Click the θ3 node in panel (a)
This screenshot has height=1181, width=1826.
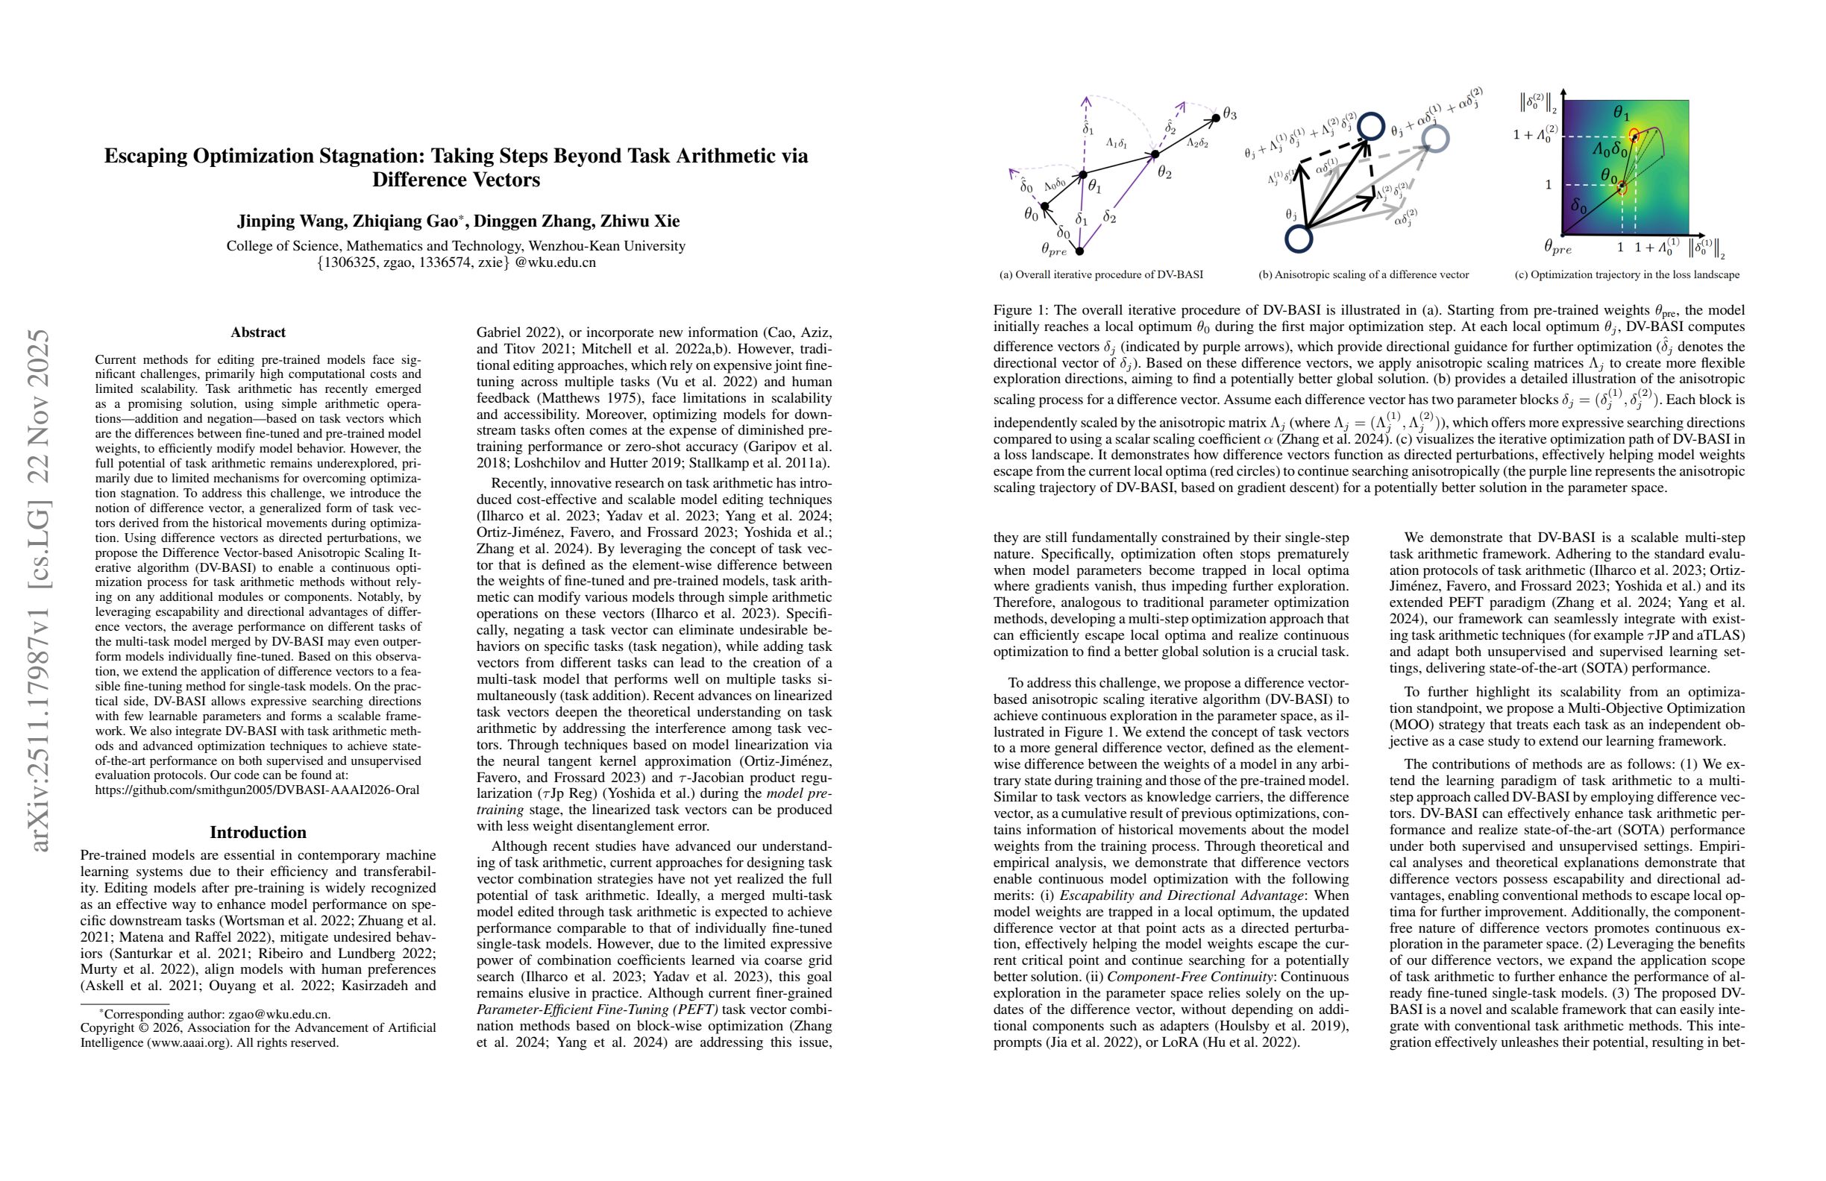pyautogui.click(x=1217, y=118)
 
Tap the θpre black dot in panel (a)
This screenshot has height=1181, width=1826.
pyautogui.click(x=1079, y=251)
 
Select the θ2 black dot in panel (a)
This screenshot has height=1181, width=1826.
pyautogui.click(x=1155, y=155)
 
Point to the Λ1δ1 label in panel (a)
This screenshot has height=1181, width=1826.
pyautogui.click(x=1117, y=143)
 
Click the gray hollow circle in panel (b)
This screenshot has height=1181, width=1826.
pyautogui.click(x=1434, y=139)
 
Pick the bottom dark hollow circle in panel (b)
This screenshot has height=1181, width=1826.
pyautogui.click(x=1298, y=239)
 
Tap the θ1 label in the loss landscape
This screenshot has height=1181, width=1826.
pyautogui.click(x=1620, y=113)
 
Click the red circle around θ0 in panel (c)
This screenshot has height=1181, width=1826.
pyautogui.click(x=1621, y=188)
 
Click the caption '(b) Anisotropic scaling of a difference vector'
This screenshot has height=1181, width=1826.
pyautogui.click(x=1364, y=274)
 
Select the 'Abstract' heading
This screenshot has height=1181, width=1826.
pyautogui.click(x=258, y=332)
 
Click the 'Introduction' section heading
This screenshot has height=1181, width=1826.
pyautogui.click(x=258, y=832)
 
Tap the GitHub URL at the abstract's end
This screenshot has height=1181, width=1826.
pyautogui.click(x=257, y=790)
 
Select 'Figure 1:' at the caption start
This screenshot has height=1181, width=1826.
pyautogui.click(x=1020, y=311)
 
